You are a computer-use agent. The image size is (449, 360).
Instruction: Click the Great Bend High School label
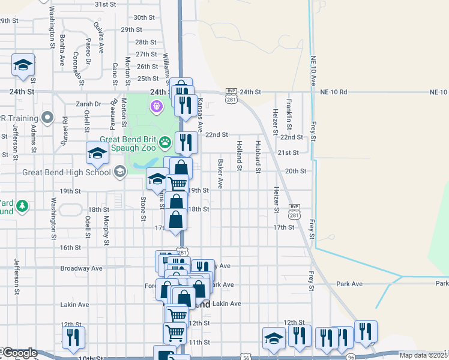[x=66, y=172]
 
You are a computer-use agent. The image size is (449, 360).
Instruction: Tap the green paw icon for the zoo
[x=166, y=142]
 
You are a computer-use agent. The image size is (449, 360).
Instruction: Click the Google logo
[x=20, y=353]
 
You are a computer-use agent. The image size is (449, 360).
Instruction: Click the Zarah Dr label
[x=89, y=103]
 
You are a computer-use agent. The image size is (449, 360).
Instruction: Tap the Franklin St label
[x=289, y=109]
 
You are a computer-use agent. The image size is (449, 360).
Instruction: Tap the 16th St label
[x=70, y=247]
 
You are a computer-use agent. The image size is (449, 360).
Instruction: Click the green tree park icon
[x=23, y=206]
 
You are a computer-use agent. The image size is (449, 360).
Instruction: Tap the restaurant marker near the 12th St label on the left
[x=74, y=337]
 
